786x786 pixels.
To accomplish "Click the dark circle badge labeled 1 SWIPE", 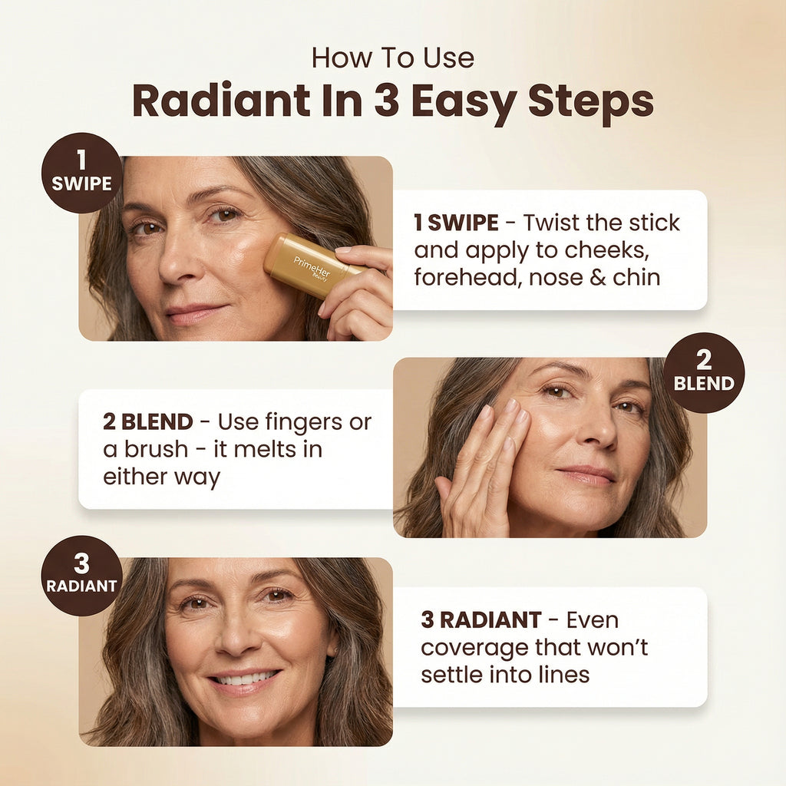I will pos(81,173).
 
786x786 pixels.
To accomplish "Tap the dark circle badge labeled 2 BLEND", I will pos(704,373).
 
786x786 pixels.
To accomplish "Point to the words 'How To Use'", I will pos(392,58).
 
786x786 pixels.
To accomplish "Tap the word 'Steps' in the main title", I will pos(586,101).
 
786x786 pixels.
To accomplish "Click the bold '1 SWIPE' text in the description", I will pos(456,223).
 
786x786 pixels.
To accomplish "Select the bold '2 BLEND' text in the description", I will pos(148,421).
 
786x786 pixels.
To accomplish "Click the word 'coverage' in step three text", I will pos(474,647).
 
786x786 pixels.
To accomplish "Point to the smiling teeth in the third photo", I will pos(244,679).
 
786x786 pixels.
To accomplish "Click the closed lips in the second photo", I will pos(587,474).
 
